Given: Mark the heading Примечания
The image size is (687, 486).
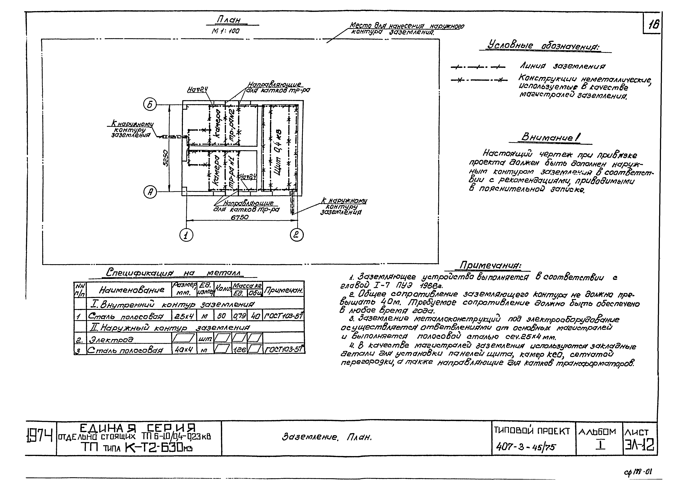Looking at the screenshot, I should [x=491, y=265].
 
